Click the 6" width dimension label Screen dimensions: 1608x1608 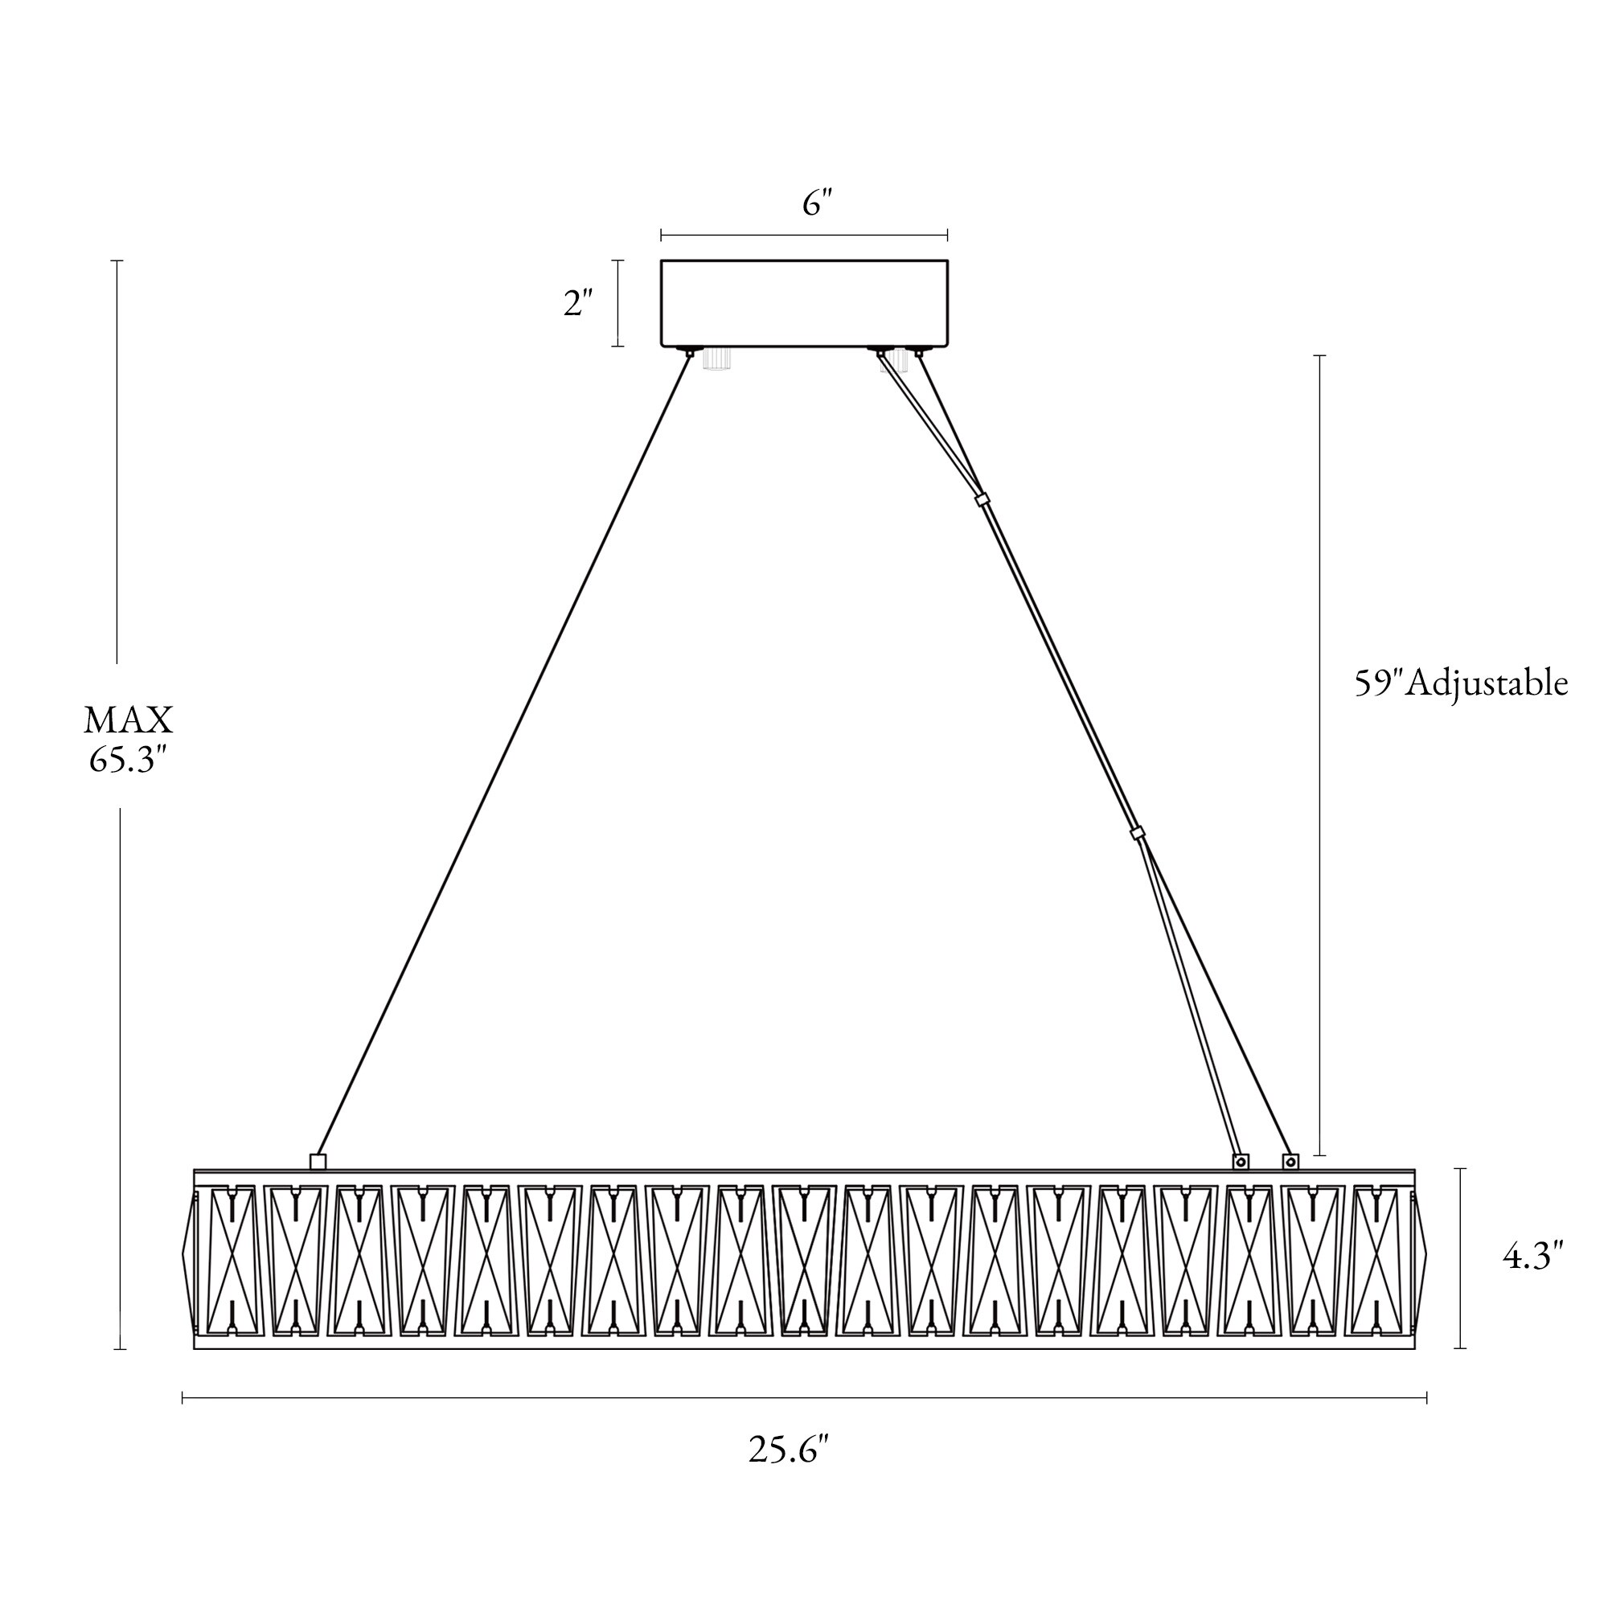(818, 203)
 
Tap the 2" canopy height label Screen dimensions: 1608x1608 (578, 303)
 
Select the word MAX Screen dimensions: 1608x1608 (128, 720)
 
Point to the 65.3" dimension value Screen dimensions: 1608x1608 (128, 759)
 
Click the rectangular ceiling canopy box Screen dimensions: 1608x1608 (804, 303)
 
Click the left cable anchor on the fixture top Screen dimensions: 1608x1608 (317, 1161)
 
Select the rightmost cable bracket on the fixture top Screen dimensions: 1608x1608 (1290, 1160)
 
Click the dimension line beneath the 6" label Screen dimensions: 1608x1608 (804, 236)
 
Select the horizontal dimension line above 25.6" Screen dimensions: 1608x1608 (804, 1397)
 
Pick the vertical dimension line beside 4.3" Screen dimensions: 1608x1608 (1460, 1257)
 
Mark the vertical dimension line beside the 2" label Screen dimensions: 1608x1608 (617, 303)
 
